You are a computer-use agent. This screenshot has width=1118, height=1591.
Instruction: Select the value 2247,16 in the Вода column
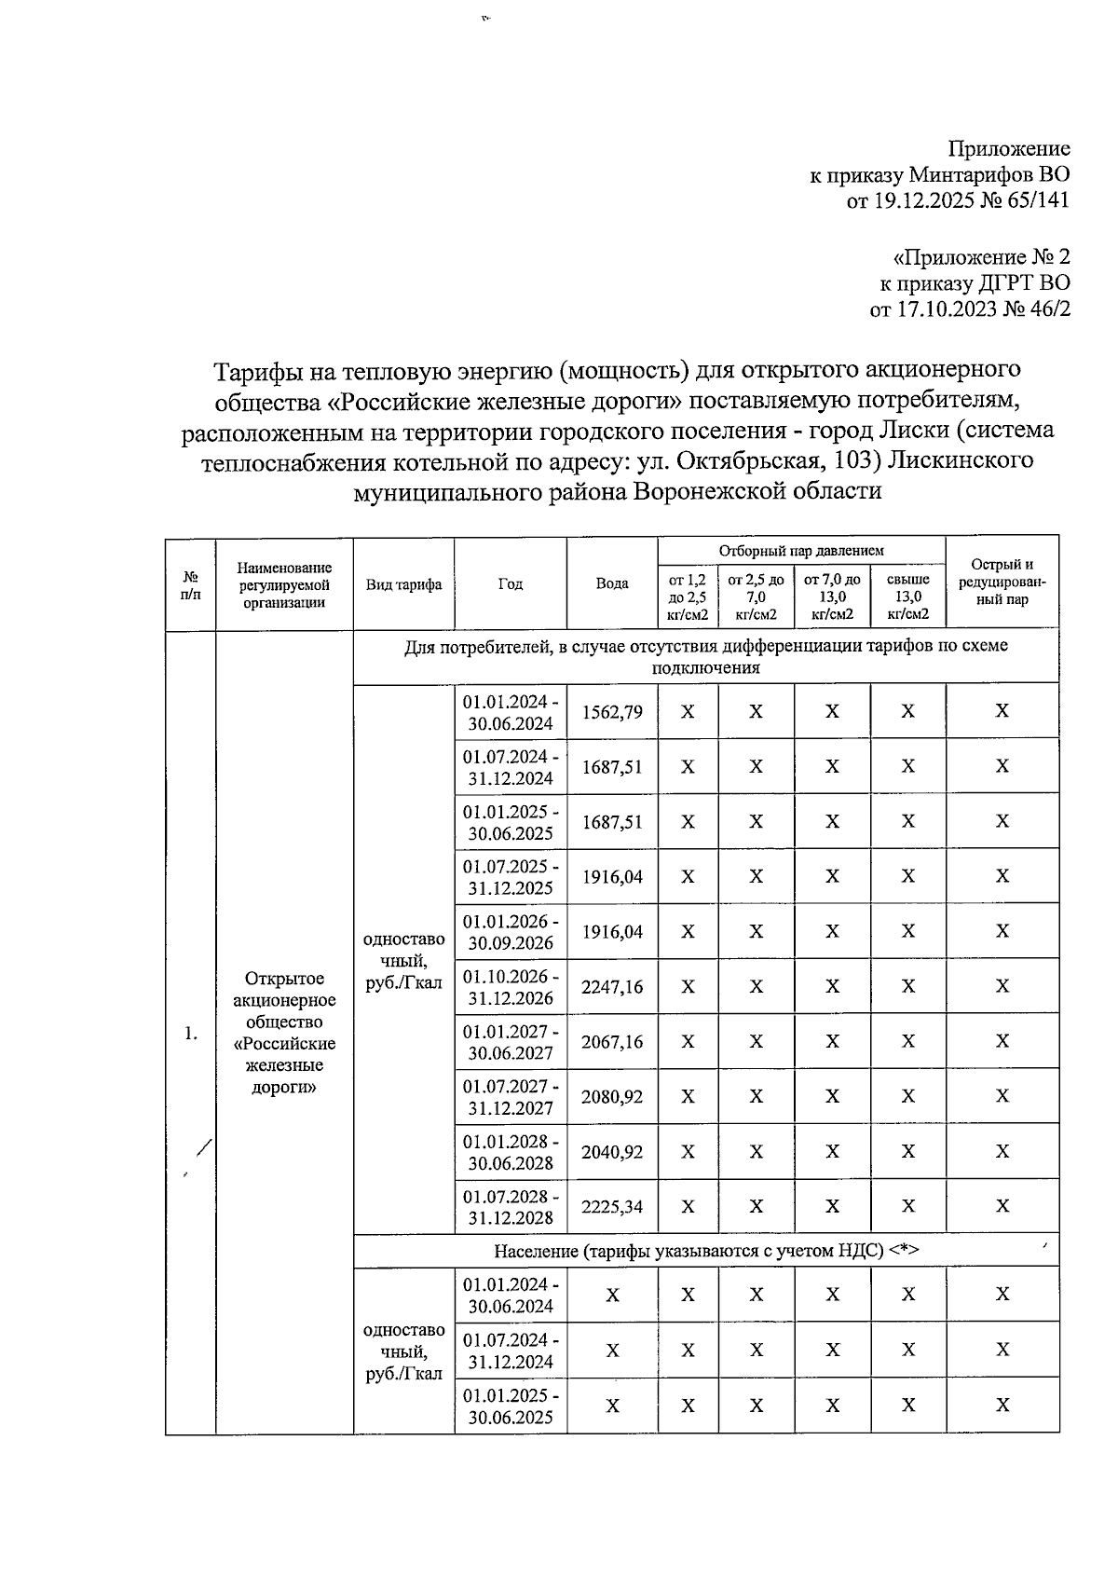(612, 987)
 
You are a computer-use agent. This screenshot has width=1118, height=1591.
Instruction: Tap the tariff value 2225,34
(612, 1207)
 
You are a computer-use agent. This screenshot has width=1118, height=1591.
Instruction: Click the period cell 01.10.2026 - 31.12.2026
(511, 987)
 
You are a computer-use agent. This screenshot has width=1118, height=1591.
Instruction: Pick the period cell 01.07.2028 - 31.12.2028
(511, 1207)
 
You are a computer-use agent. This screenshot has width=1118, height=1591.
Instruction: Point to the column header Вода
(612, 584)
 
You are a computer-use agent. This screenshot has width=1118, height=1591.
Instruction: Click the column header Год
(511, 584)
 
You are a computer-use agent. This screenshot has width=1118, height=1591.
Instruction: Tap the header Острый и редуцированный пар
(1002, 583)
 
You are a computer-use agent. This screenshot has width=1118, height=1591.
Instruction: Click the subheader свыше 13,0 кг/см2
(907, 597)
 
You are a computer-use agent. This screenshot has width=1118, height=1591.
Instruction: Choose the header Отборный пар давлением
(801, 551)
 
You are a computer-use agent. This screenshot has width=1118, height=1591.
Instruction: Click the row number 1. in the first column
(191, 1033)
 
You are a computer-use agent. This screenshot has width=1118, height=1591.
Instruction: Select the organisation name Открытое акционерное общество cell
(284, 1032)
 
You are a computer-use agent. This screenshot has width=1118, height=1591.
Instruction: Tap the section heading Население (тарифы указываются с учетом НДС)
(705, 1251)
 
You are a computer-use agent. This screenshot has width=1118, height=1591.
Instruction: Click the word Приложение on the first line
(1009, 149)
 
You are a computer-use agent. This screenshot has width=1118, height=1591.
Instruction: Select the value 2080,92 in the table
(612, 1097)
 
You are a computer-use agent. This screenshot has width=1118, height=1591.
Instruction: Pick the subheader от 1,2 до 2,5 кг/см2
(688, 597)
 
